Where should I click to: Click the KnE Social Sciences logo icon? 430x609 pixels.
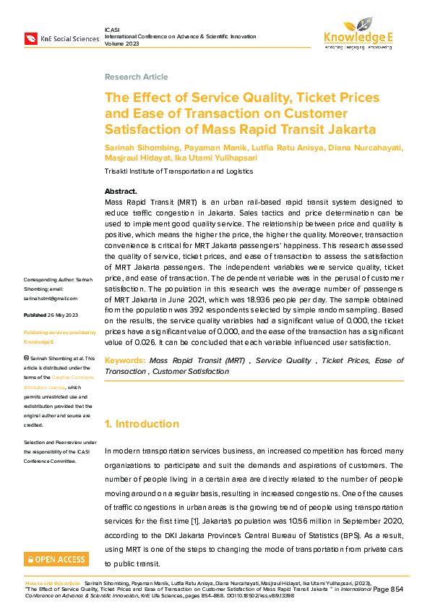[31, 38]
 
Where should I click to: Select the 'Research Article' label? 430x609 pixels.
[136, 77]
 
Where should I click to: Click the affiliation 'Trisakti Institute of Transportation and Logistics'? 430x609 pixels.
[179, 171]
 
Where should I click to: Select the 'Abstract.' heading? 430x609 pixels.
[121, 191]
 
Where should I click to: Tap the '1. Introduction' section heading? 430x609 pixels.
[142, 424]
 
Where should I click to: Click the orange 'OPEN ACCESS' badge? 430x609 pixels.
[56, 558]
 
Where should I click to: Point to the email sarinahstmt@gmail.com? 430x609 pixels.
[50, 298]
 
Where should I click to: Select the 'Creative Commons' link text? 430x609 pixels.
[71, 378]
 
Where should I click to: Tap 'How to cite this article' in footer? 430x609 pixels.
[53, 582]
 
